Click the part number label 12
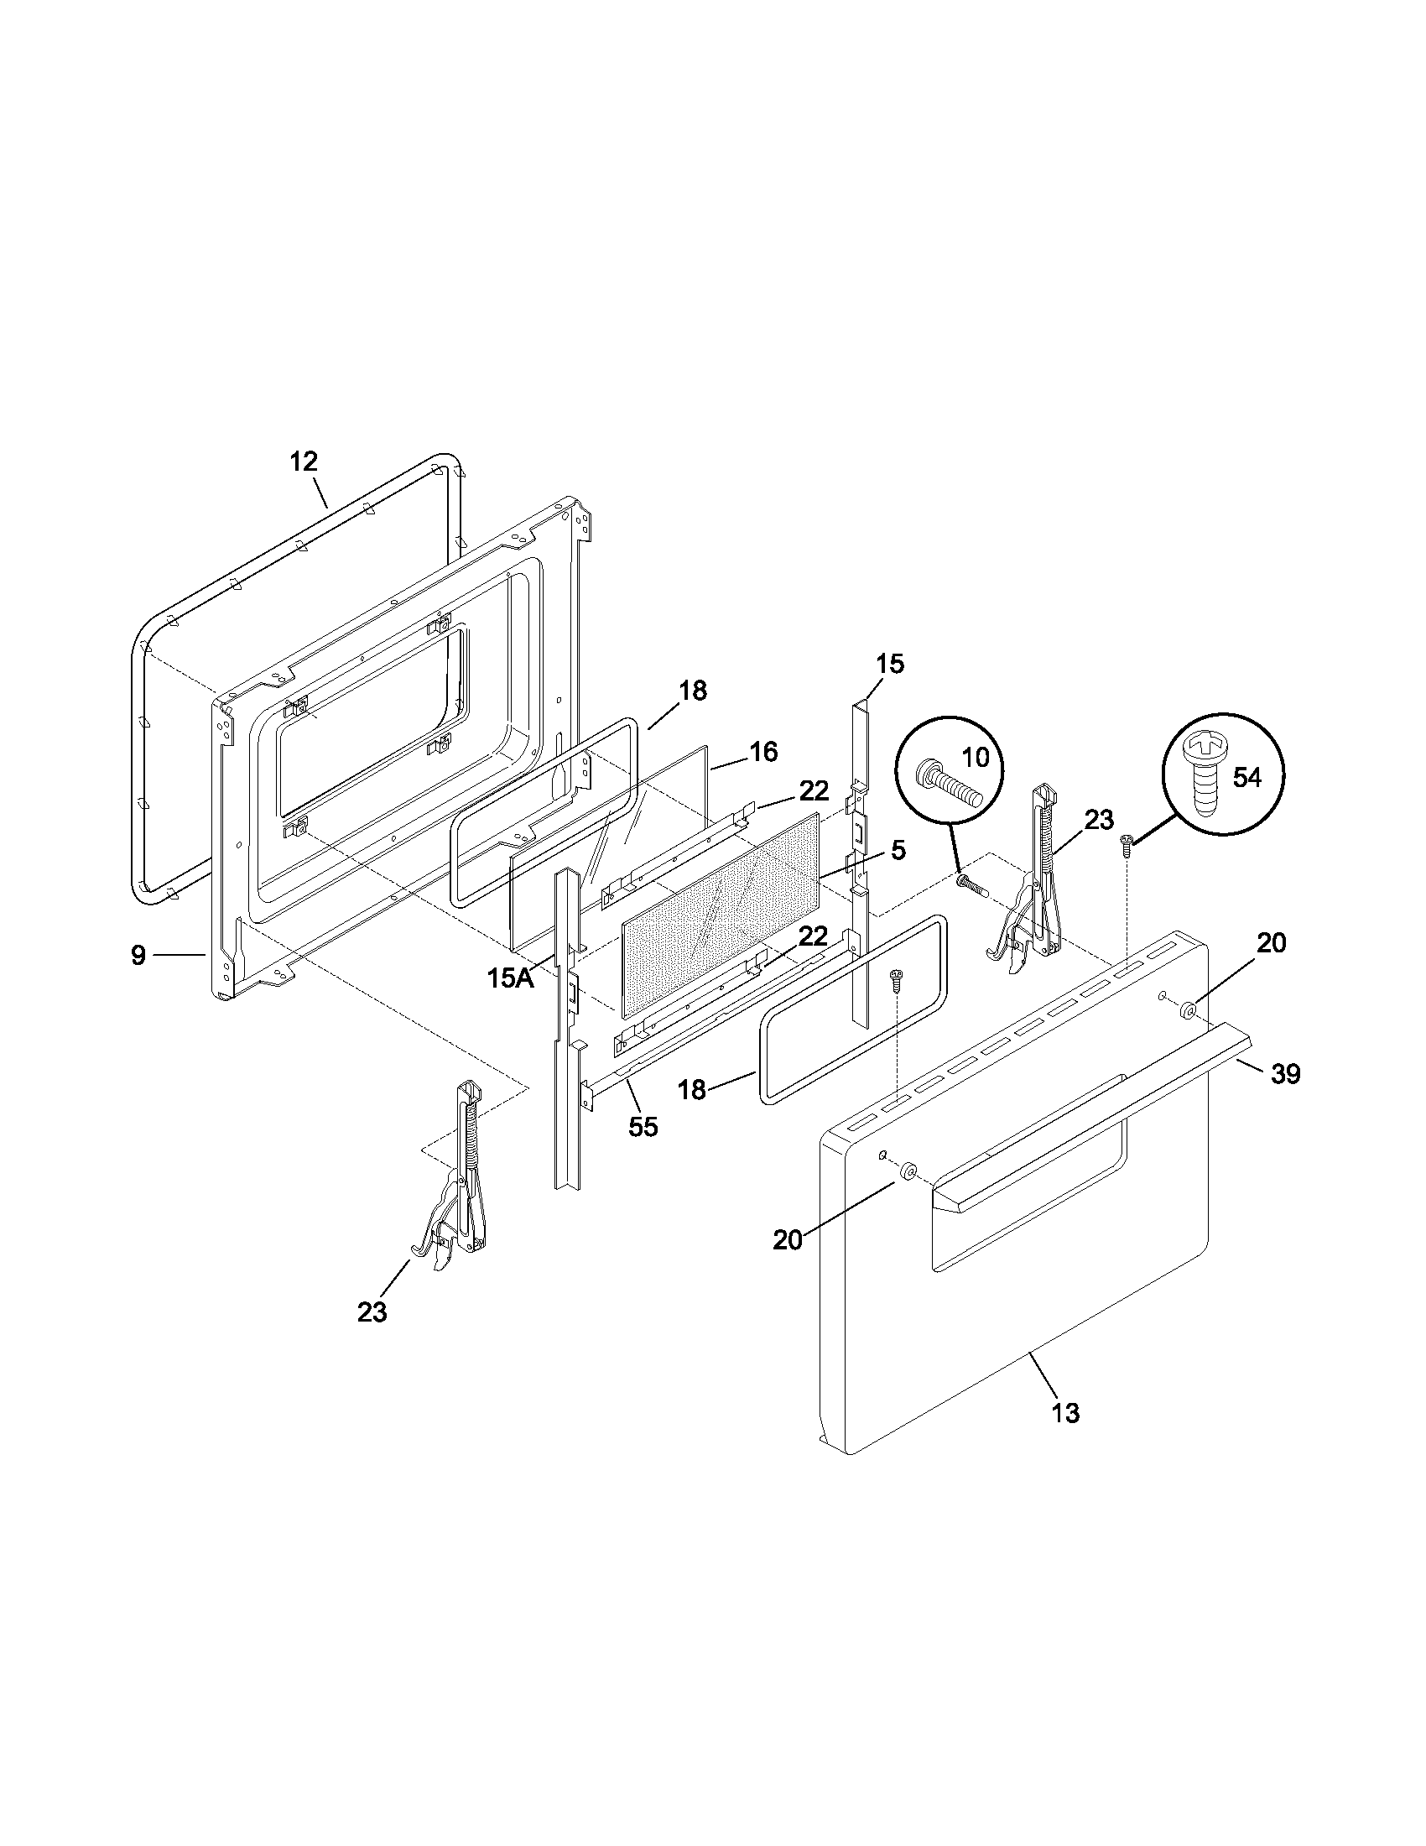(x=304, y=461)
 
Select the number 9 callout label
(x=138, y=955)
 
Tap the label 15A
(x=510, y=978)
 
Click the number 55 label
(x=643, y=1127)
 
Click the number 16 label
(x=763, y=752)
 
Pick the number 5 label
(x=898, y=850)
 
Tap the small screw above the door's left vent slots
(x=894, y=982)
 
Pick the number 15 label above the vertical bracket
(x=889, y=664)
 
